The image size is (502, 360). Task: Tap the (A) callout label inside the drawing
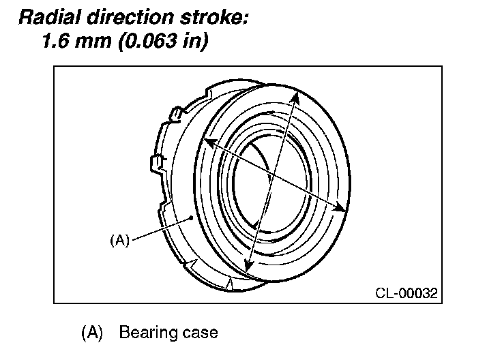pos(119,240)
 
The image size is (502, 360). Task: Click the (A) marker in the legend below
pos(91,333)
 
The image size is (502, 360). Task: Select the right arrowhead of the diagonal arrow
pos(339,209)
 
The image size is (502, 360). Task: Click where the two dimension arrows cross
pos(272,176)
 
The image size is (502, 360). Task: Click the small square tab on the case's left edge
pos(155,162)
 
